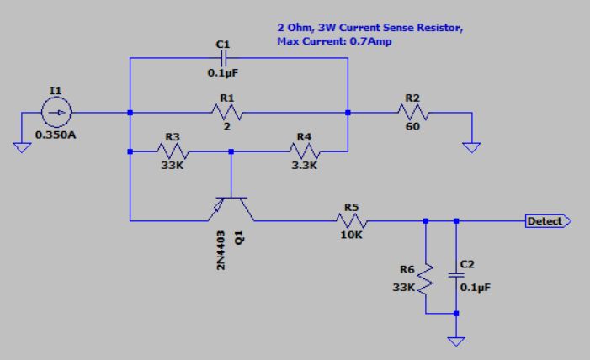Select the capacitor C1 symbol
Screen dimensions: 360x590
[223, 58]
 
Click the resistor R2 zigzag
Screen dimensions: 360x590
[412, 112]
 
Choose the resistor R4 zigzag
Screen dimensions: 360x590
[305, 151]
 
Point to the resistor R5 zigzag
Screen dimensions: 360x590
[351, 221]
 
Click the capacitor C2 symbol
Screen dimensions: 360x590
[455, 274]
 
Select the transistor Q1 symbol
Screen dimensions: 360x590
[231, 206]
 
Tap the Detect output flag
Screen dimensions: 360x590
[547, 221]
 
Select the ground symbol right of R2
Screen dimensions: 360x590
[473, 147]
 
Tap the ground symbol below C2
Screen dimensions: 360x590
[455, 341]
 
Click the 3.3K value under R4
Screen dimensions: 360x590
[304, 167]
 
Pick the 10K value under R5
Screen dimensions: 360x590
[350, 236]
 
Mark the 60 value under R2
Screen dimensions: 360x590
[412, 127]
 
